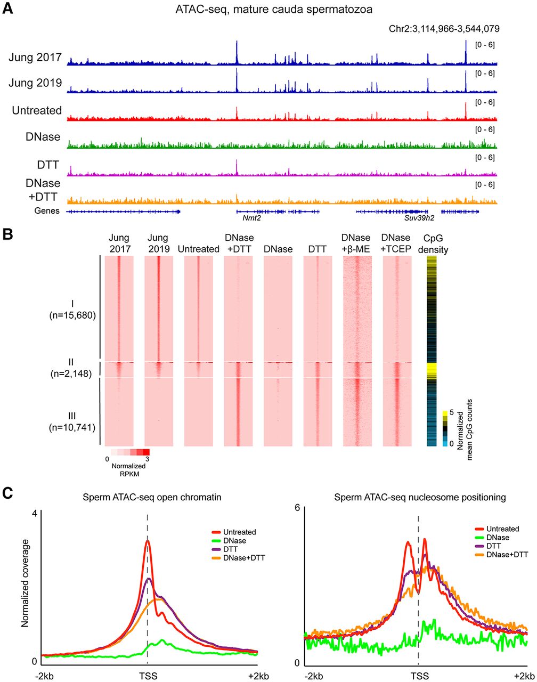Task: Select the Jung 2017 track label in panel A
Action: tap(35, 57)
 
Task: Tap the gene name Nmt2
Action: tap(244, 218)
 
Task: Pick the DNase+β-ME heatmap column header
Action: tap(357, 243)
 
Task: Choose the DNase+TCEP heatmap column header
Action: tap(396, 243)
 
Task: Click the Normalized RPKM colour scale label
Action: tap(125, 469)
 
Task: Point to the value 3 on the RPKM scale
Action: tap(147, 458)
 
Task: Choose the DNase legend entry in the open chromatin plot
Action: tap(230, 540)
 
